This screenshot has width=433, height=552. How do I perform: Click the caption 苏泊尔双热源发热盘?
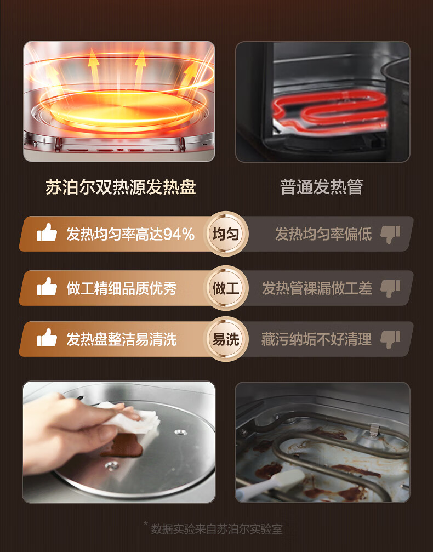click(121, 187)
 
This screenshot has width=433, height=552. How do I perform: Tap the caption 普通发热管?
click(321, 187)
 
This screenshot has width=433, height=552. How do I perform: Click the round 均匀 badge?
click(226, 234)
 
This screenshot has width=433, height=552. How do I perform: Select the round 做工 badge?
click(226, 288)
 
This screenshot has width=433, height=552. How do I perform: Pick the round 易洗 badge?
click(226, 339)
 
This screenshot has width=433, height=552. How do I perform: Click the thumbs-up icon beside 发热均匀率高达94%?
click(47, 232)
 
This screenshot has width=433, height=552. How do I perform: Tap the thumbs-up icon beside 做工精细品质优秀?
click(47, 287)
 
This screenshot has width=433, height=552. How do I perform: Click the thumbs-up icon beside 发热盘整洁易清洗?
click(47, 338)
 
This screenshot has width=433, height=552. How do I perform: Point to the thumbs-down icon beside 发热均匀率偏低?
click(390, 235)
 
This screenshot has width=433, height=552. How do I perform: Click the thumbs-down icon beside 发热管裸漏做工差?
click(390, 289)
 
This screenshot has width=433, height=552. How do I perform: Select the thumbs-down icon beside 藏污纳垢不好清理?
click(390, 340)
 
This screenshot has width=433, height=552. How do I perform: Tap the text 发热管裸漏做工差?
click(317, 288)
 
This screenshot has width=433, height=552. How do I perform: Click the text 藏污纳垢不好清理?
click(316, 339)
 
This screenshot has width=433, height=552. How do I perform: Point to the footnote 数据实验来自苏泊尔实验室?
click(217, 529)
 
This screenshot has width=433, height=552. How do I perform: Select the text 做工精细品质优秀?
click(122, 288)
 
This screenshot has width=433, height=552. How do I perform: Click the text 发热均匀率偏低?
click(323, 234)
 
